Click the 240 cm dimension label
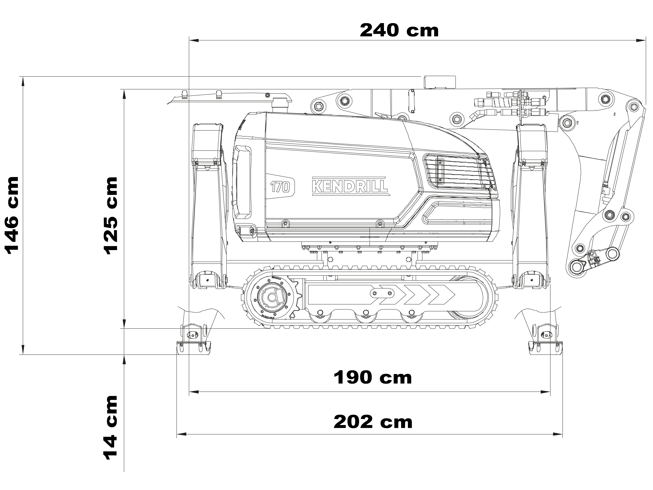coord(399,31)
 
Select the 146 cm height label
coord(12,215)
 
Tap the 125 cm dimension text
coord(111,215)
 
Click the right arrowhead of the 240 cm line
coord(641,40)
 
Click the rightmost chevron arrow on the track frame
coord(442,295)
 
